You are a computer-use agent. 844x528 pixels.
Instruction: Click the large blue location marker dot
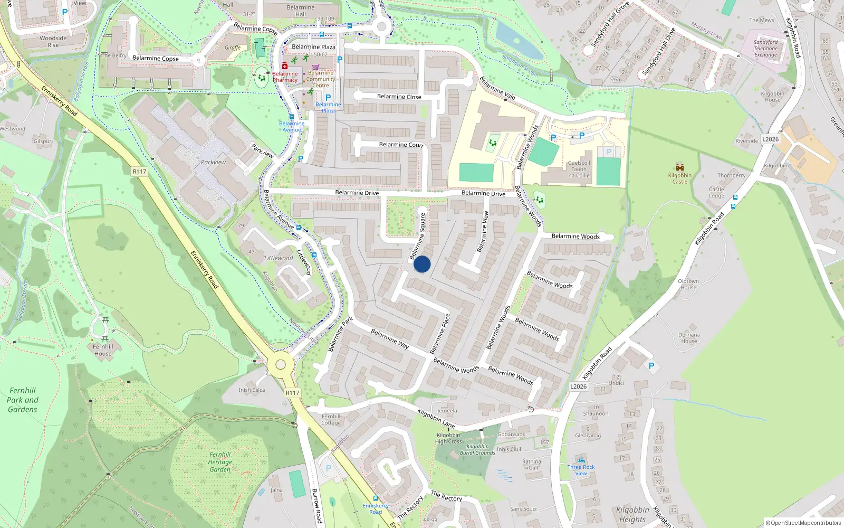(422, 264)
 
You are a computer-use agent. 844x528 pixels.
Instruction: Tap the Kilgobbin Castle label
(679, 178)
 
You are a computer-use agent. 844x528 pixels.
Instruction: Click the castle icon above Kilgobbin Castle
(679, 167)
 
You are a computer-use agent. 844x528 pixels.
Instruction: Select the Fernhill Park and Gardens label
(23, 400)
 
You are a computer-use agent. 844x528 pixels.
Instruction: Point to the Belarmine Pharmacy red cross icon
(285, 65)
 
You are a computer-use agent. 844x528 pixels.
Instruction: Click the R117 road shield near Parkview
(139, 172)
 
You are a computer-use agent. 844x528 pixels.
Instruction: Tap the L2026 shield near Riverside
(770, 139)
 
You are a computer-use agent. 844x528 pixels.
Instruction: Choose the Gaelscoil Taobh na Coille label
(579, 169)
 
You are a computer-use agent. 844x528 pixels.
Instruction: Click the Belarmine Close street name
(399, 97)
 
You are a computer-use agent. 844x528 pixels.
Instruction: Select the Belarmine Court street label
(401, 145)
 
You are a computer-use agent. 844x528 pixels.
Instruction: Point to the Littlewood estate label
(279, 258)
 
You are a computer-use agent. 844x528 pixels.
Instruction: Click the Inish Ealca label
(252, 390)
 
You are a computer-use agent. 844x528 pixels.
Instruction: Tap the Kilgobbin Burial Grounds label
(477, 449)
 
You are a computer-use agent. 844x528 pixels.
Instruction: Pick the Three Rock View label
(581, 470)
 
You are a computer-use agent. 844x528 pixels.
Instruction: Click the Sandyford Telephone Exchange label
(765, 48)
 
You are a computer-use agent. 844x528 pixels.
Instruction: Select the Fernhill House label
(103, 350)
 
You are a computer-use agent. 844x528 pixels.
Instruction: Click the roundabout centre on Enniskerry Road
(281, 364)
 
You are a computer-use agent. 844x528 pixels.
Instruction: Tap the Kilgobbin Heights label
(632, 514)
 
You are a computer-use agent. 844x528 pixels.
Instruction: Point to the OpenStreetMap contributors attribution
(803, 523)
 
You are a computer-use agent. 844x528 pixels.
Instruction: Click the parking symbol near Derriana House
(651, 366)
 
